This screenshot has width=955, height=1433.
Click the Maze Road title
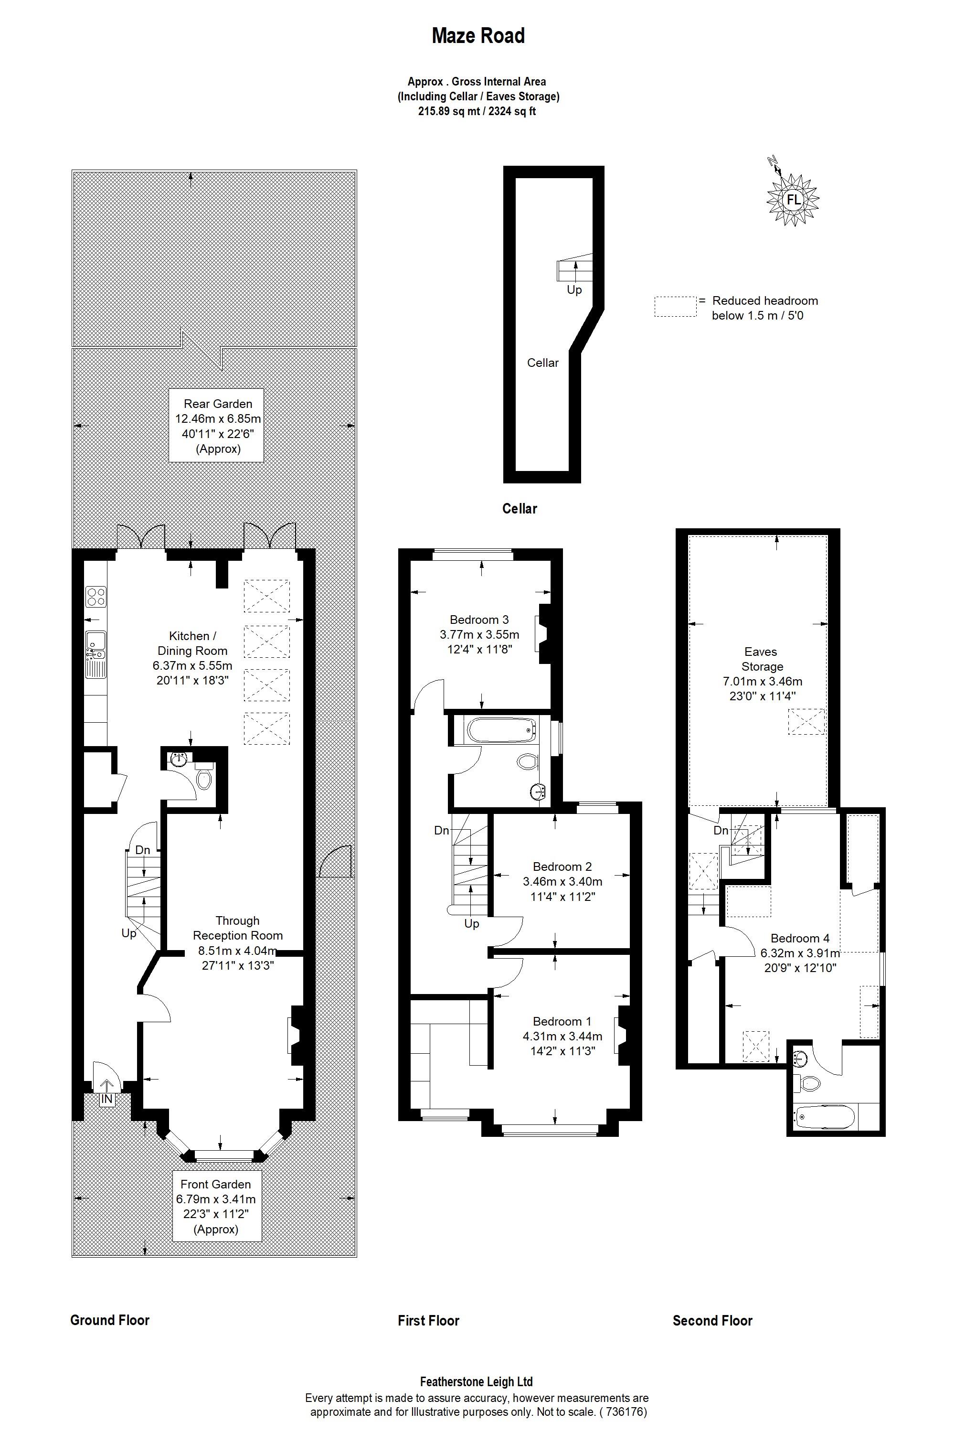click(477, 36)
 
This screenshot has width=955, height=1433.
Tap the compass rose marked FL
click(792, 199)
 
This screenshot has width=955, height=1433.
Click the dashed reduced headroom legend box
click(675, 307)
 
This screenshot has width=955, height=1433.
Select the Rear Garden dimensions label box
click(216, 425)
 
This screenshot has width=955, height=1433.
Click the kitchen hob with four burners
click(95, 595)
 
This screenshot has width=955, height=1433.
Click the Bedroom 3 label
click(479, 620)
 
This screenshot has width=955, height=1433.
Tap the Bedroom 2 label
click(562, 866)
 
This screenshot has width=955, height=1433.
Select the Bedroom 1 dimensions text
click(562, 1043)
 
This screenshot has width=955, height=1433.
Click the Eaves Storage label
click(761, 659)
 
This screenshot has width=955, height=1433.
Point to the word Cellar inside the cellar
click(542, 363)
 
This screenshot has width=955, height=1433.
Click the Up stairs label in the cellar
click(574, 290)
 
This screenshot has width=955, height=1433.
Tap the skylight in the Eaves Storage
click(807, 721)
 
